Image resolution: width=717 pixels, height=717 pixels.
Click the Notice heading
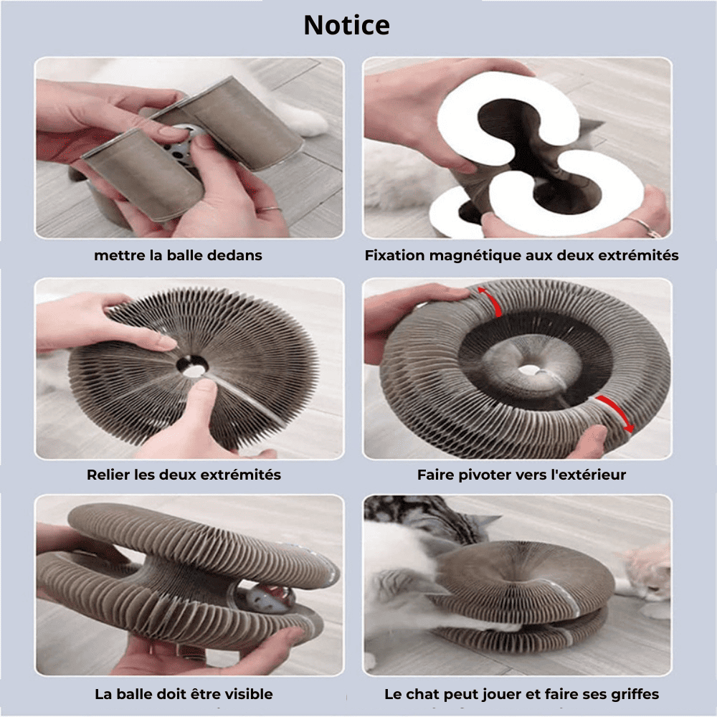pyautogui.click(x=346, y=25)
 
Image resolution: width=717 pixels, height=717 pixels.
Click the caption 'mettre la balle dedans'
pyautogui.click(x=178, y=255)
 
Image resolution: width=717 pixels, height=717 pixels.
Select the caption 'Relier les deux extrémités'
pyautogui.click(x=184, y=475)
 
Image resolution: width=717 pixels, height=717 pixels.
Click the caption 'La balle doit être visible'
pyautogui.click(x=184, y=694)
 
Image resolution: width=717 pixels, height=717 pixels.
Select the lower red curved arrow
pyautogui.click(x=617, y=412)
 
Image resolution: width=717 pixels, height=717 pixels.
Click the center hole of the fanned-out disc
pyautogui.click(x=192, y=366)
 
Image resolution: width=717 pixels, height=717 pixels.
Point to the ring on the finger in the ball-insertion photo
pyautogui.click(x=271, y=209)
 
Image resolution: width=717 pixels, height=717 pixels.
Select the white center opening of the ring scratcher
pyautogui.click(x=529, y=369)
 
